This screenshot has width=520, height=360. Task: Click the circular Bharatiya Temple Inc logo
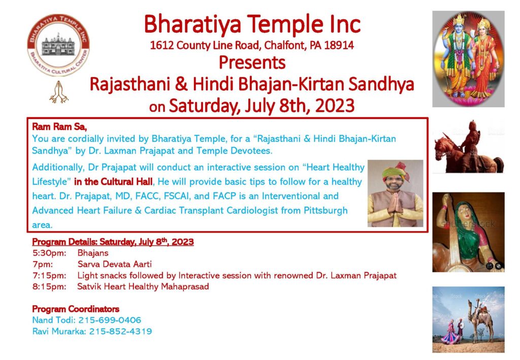[x=58, y=45]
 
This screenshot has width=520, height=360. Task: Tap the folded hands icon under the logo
[x=59, y=92]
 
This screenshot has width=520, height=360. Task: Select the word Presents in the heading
[x=252, y=62]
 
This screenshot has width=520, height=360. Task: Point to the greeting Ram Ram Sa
[x=59, y=126]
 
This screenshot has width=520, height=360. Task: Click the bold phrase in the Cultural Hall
[x=113, y=182]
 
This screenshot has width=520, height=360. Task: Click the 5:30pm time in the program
[x=49, y=253]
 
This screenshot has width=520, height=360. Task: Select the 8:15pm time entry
[x=49, y=286]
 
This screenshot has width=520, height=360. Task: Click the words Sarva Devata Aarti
[x=114, y=264]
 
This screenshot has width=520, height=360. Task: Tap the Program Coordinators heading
[x=76, y=309]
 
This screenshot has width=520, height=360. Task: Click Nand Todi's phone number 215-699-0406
[x=110, y=320]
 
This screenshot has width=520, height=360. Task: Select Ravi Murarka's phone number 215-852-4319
[x=121, y=331]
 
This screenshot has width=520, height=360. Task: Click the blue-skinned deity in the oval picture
[x=459, y=56]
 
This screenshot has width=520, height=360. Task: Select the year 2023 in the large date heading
[x=335, y=106]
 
